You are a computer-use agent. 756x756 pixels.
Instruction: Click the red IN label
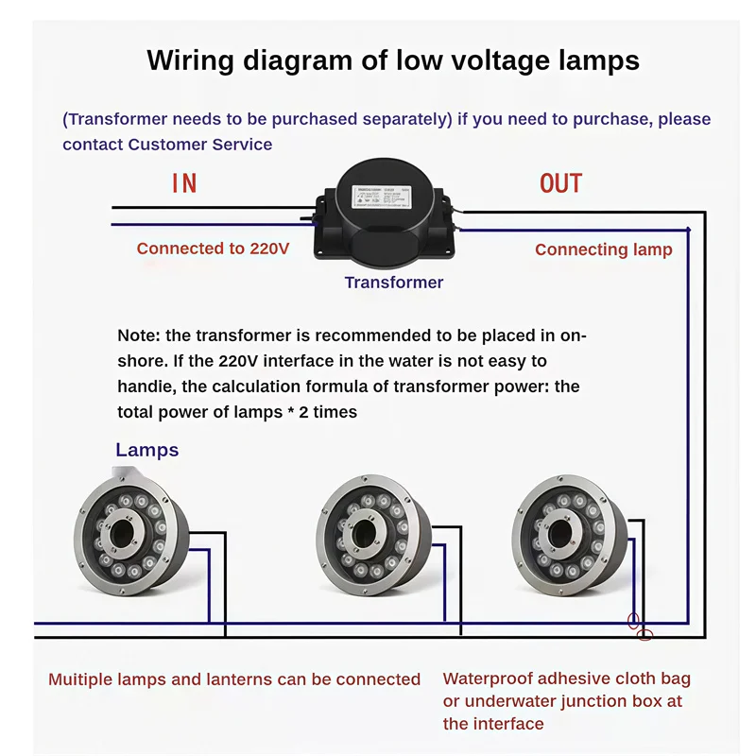[184, 182]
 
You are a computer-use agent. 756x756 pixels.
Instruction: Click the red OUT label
[560, 182]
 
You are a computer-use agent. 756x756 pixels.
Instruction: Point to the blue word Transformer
[393, 283]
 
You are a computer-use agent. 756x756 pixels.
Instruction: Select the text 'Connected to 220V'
[213, 249]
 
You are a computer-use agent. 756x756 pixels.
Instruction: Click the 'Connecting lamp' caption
[603, 249]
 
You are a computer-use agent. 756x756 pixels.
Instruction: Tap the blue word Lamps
[146, 450]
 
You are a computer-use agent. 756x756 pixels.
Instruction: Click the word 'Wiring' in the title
[189, 61]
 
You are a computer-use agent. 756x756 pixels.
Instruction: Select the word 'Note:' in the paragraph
[140, 335]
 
